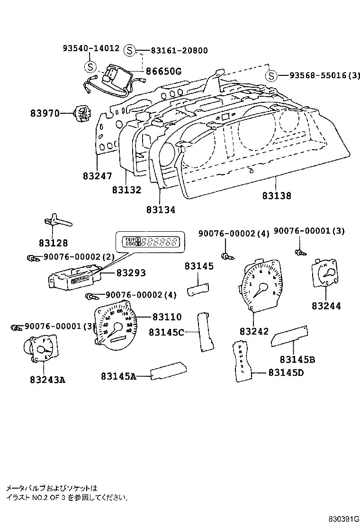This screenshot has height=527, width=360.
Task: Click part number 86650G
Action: click(x=163, y=72)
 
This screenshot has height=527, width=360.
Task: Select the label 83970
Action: click(x=45, y=114)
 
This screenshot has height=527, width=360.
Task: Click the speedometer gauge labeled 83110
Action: click(x=117, y=327)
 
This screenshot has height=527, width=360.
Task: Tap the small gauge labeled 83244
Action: click(x=324, y=274)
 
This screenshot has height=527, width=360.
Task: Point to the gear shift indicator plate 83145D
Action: click(x=243, y=361)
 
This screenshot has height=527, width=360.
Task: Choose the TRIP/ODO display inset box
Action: click(x=148, y=242)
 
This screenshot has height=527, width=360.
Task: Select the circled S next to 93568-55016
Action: click(x=270, y=75)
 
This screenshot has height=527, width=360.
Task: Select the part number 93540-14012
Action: click(x=90, y=48)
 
